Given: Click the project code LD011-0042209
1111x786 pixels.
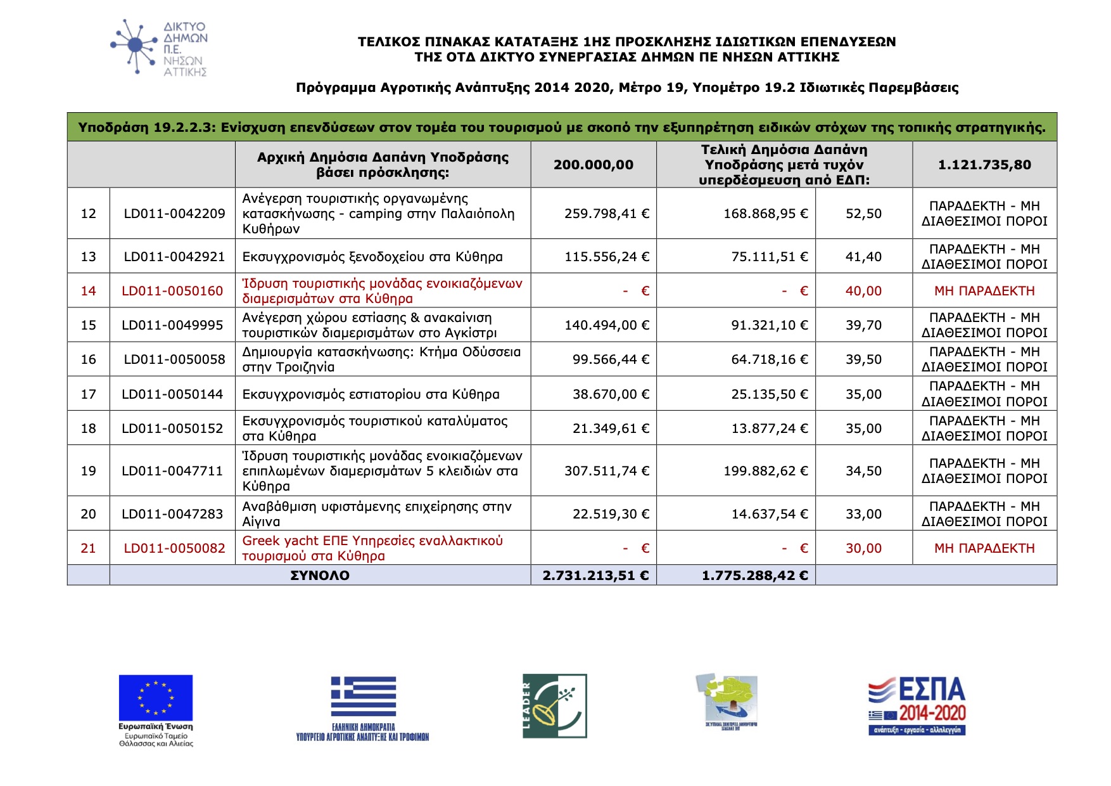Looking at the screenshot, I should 174,214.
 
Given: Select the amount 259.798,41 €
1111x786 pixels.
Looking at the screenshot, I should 606,214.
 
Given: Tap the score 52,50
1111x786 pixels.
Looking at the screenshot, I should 863,214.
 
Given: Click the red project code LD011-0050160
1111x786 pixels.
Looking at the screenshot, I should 172,291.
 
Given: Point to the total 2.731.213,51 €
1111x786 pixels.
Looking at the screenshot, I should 595,576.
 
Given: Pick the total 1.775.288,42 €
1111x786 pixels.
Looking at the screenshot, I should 754,576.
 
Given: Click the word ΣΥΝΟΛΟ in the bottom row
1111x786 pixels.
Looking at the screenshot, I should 320,576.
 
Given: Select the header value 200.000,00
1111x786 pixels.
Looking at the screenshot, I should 594,165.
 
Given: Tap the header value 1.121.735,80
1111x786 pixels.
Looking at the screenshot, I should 984,165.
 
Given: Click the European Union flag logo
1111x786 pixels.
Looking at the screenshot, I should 156,698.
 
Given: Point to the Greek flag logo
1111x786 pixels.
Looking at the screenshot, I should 363,696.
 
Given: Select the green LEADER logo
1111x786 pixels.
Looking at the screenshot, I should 555,705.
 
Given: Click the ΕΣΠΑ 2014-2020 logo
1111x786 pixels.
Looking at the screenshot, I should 917,705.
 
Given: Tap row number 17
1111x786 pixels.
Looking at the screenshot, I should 89,394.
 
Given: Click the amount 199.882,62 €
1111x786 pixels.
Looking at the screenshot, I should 765,471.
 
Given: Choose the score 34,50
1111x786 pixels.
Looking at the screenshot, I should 863,471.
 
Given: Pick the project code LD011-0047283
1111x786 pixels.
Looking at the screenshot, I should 172,514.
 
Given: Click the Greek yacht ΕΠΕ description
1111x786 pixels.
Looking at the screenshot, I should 372,548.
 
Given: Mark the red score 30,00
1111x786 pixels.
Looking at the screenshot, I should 863,548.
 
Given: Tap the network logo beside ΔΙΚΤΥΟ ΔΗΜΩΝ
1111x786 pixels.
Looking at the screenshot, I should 134,46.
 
